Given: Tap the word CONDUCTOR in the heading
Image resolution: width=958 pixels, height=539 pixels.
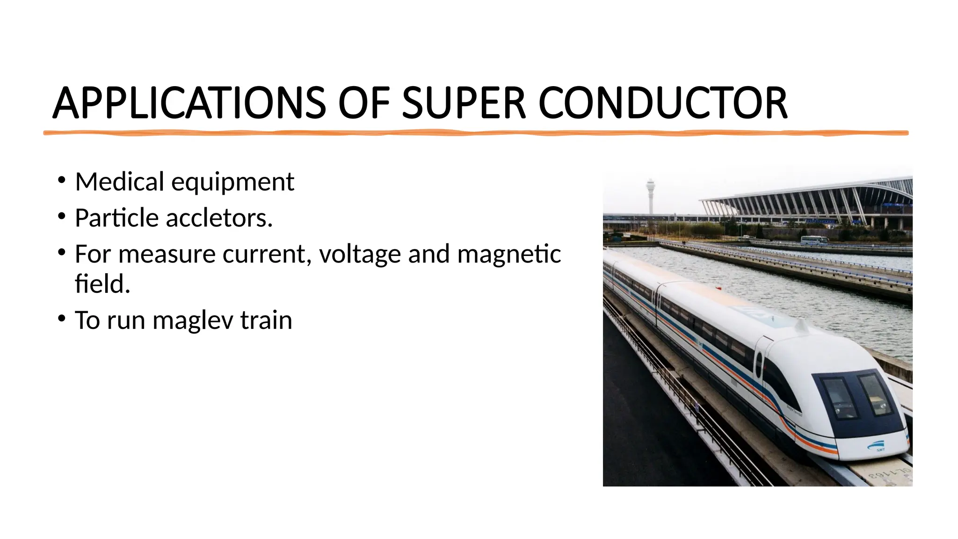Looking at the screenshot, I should click(x=663, y=103).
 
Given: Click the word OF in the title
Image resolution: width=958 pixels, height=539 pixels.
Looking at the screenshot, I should click(x=363, y=103).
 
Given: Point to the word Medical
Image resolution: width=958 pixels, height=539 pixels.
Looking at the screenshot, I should click(x=120, y=182).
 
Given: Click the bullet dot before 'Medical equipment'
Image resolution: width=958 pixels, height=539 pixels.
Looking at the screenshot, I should click(x=62, y=180).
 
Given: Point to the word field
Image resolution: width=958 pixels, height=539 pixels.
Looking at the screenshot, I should click(x=102, y=284).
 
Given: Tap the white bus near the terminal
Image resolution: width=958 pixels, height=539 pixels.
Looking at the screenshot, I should click(x=814, y=240).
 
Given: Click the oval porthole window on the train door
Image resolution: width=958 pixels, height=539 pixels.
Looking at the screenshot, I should click(x=759, y=364).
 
